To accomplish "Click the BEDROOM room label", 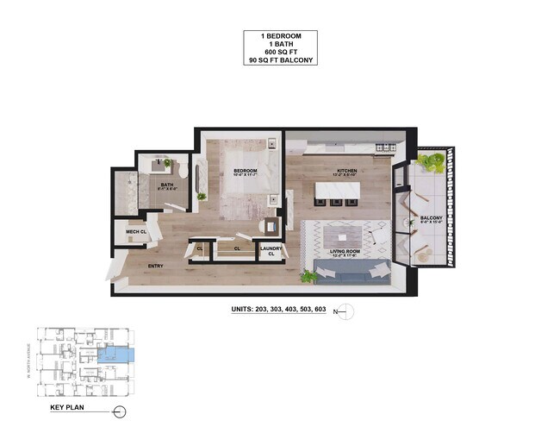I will [x=246, y=171].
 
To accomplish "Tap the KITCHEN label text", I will [x=345, y=171].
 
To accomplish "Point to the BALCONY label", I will [x=432, y=218].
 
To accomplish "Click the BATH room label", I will [x=168, y=185].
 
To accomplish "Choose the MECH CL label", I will [x=134, y=232].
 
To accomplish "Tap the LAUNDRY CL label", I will [x=271, y=251].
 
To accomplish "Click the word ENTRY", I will [x=156, y=266].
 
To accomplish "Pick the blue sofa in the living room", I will [x=352, y=273].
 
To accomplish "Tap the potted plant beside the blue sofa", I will [x=308, y=275].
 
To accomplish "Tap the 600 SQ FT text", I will [x=279, y=53].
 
